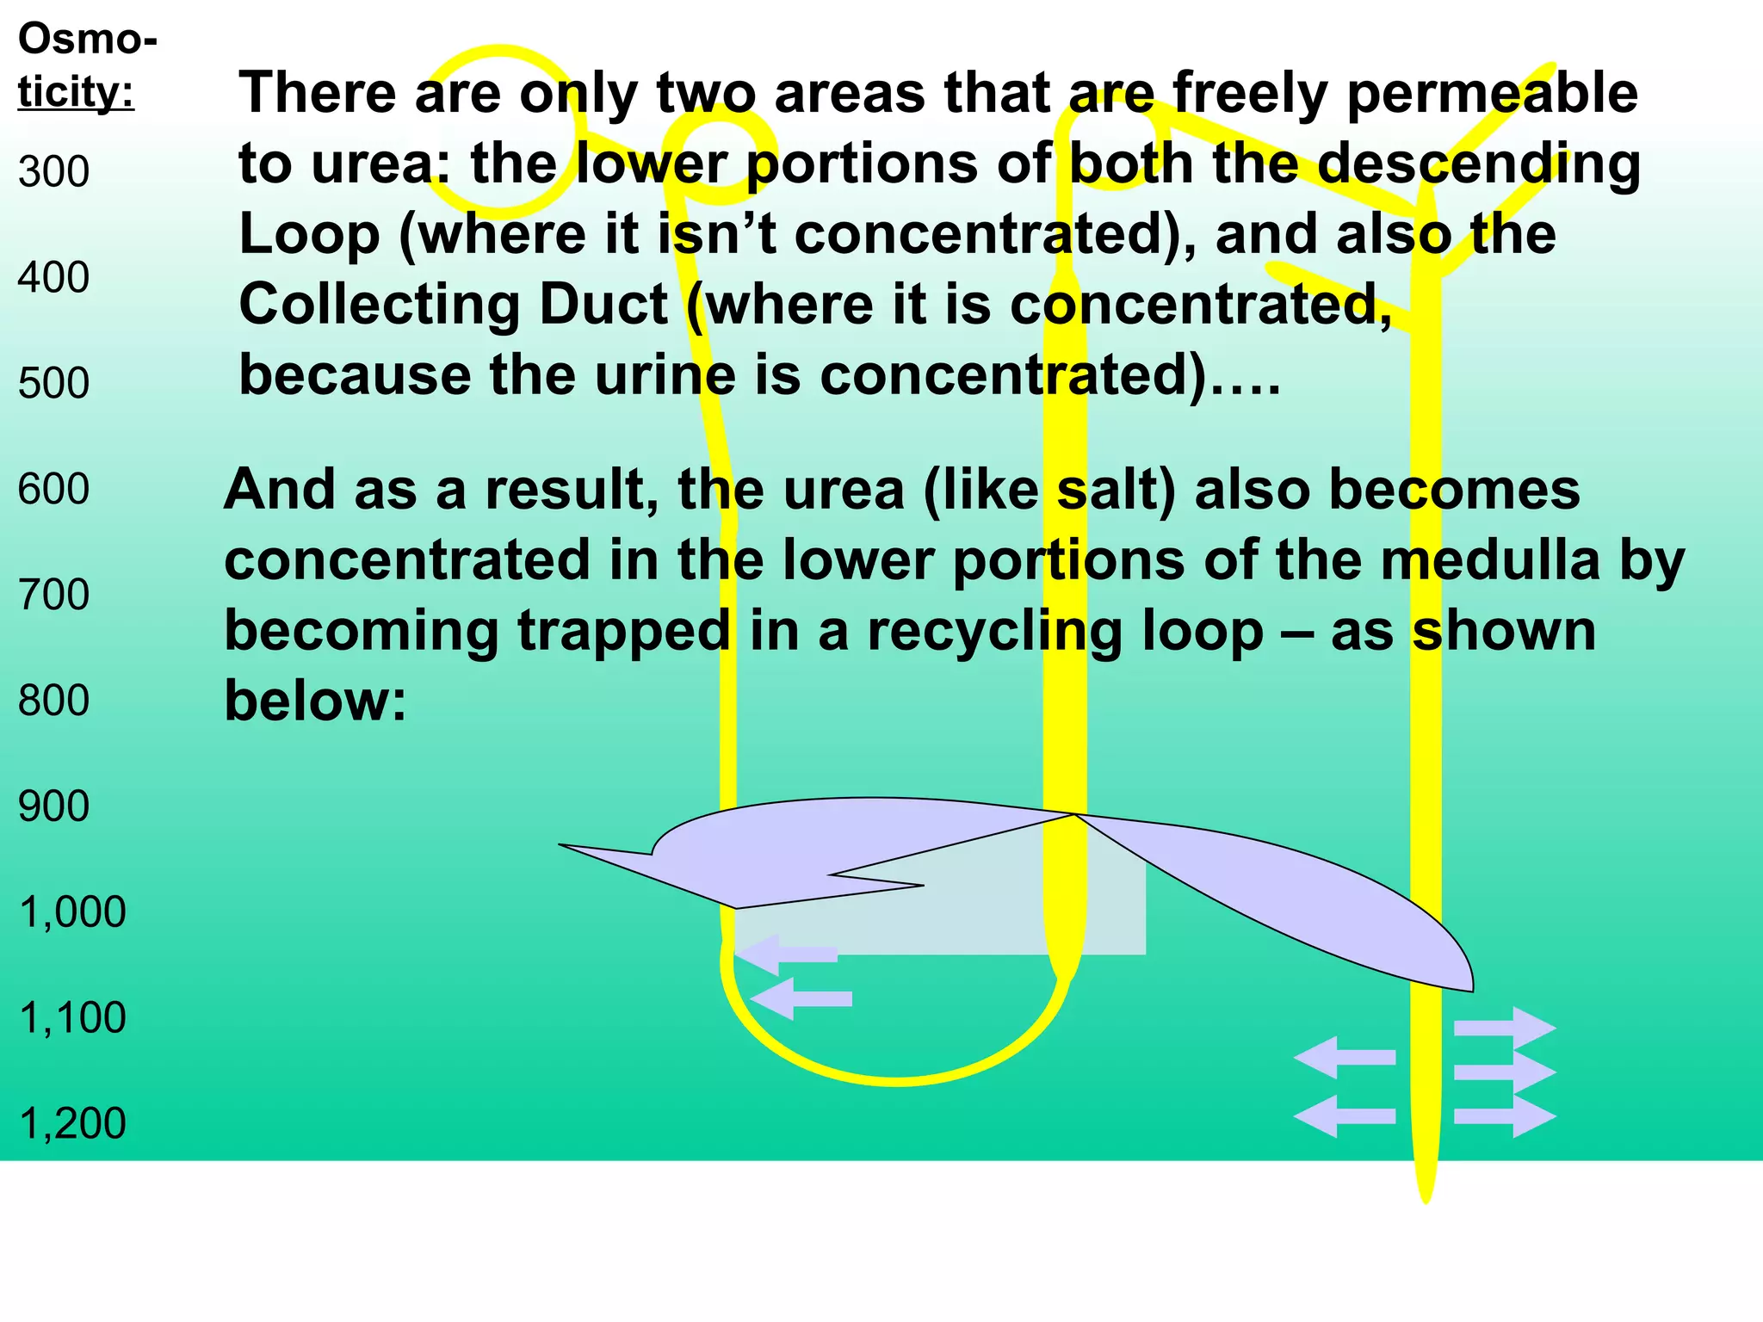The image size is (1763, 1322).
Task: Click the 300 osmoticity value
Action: click(x=53, y=172)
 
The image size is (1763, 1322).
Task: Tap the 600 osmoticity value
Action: click(x=53, y=489)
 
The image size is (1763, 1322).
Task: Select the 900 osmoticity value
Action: click(x=53, y=806)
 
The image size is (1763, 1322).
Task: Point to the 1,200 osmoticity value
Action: click(x=72, y=1123)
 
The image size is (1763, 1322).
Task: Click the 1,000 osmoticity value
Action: click(x=72, y=912)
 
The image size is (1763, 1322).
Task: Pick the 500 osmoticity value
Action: click(x=53, y=383)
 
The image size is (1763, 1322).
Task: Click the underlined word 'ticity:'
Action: click(x=76, y=91)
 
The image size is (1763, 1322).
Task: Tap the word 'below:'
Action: click(x=315, y=701)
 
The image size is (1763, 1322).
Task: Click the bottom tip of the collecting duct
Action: click(x=1426, y=1196)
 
